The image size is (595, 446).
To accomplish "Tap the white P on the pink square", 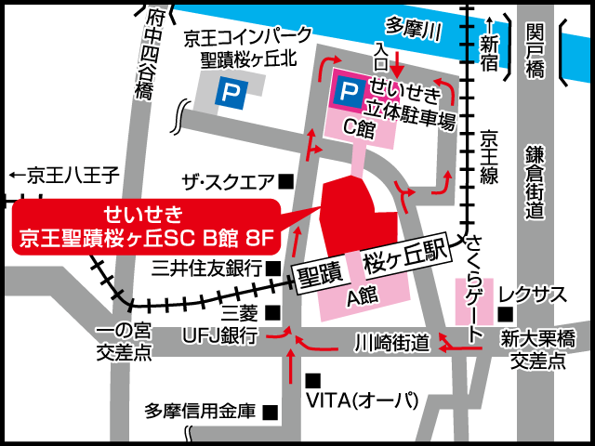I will pos(349,90).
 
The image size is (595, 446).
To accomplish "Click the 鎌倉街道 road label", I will pos(534,182).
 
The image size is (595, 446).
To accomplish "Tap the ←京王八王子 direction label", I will pos(64,174).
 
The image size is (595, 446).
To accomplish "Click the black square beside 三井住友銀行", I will pos(273,268).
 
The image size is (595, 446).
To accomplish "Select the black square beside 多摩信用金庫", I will pos(271,410).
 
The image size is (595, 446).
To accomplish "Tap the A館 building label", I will pos(359,298).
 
